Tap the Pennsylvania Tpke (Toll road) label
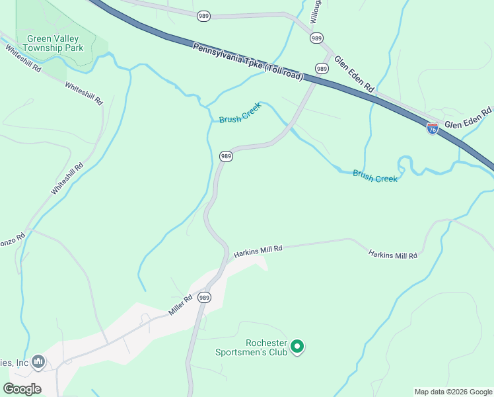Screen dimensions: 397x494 [248, 62]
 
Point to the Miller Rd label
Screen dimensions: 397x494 [180, 304]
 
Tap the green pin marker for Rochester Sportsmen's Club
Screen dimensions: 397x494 [297, 346]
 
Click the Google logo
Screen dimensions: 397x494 [22, 388]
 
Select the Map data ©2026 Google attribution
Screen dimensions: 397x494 [454, 392]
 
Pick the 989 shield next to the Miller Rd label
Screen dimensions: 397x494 [204, 298]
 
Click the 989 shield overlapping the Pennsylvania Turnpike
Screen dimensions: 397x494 [322, 68]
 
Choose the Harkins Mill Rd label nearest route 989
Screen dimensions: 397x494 [258, 250]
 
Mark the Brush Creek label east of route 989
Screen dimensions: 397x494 [375, 176]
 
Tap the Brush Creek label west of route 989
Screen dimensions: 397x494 [240, 114]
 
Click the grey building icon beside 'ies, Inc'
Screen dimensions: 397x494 [38, 361]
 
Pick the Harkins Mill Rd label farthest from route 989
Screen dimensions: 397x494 [393, 254]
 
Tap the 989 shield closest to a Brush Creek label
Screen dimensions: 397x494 [226, 156]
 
